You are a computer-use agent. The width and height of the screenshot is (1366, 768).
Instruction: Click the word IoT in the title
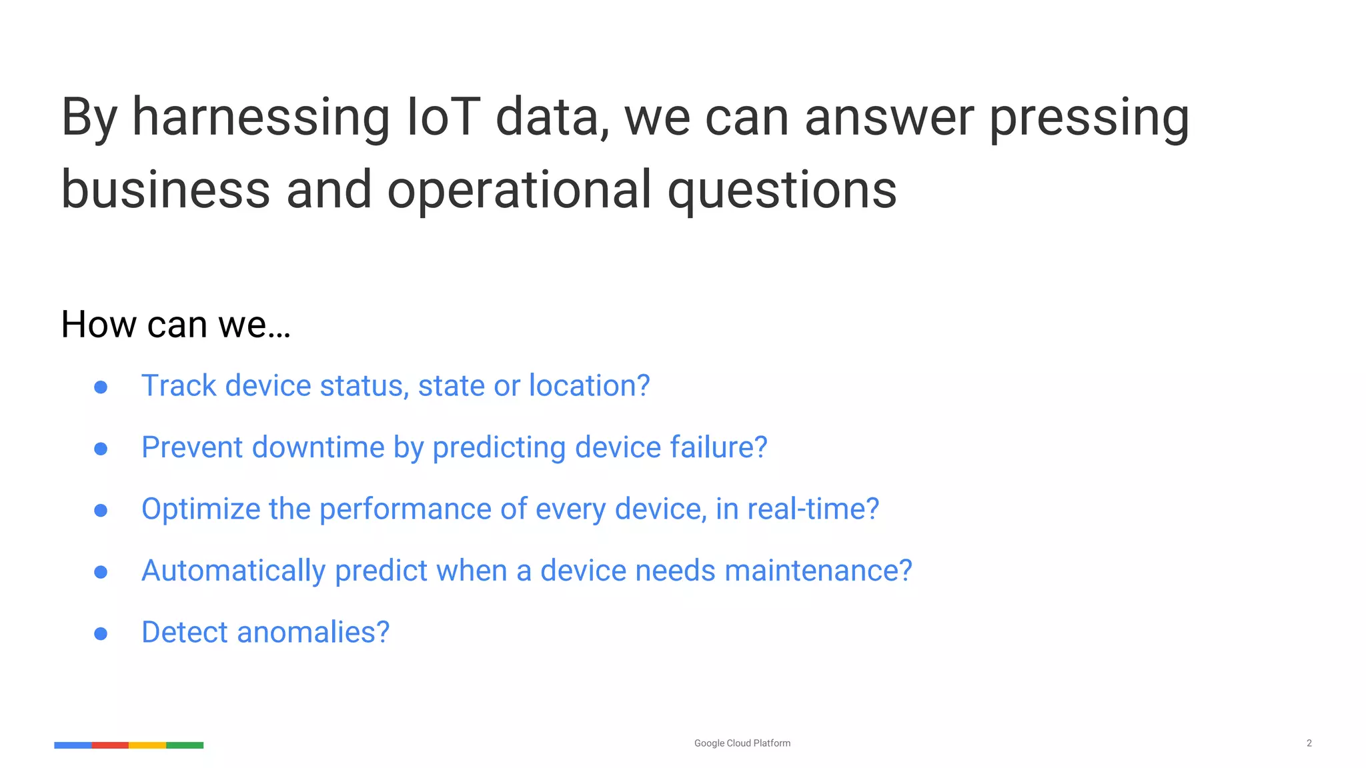coord(443,117)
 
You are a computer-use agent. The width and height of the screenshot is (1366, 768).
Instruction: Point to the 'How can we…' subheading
coord(175,325)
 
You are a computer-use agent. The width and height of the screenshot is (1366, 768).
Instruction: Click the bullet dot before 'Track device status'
coord(101,387)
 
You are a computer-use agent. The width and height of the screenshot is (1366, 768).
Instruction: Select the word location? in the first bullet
coord(589,386)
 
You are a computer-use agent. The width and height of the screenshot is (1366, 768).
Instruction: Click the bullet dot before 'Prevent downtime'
coord(101,449)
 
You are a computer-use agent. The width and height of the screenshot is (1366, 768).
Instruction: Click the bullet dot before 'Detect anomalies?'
coord(101,633)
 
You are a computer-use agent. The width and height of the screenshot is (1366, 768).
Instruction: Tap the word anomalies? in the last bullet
coord(313,632)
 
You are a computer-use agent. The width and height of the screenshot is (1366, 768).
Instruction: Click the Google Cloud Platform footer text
coord(742,743)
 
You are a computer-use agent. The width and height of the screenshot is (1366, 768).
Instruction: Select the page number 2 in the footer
coord(1309,743)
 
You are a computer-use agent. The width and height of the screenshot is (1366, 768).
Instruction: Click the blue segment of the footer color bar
coord(73,745)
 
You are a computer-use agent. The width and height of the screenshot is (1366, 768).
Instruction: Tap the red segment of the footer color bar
coord(110,745)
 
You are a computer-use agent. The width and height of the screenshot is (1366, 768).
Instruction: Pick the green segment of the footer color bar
coord(185,745)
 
